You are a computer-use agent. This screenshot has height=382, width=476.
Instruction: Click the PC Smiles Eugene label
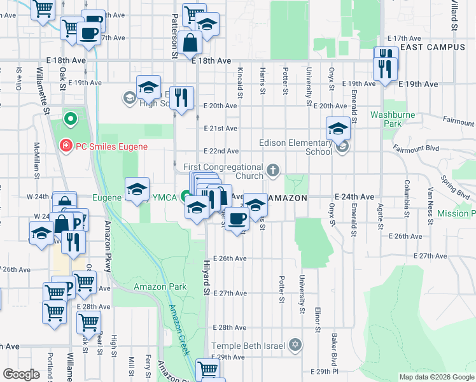[x=111, y=146]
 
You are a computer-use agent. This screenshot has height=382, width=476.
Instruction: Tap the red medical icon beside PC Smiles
[x=65, y=146]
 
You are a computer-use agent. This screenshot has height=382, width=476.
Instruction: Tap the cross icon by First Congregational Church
[x=273, y=169]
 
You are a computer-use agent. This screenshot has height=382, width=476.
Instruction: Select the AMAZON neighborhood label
[x=287, y=198]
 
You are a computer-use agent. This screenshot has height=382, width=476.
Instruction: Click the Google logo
[x=22, y=374]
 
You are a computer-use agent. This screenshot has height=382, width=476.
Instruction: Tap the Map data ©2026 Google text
[x=436, y=377]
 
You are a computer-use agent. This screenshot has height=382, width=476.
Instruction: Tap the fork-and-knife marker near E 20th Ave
[x=183, y=97]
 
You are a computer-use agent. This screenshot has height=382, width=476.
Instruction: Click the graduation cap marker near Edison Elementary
[x=338, y=129]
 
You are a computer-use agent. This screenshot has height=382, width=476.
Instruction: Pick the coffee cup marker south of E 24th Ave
[x=237, y=218]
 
